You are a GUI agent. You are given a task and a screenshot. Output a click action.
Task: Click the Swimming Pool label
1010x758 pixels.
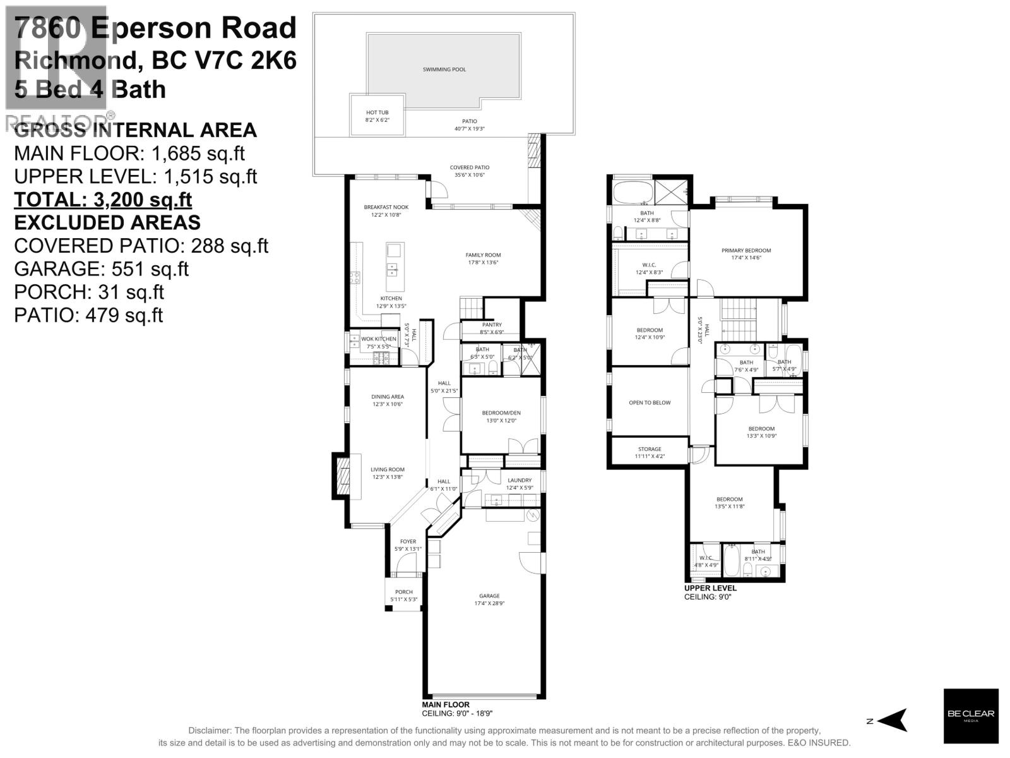click(444, 69)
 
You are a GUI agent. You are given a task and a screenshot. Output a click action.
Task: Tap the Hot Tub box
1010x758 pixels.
click(377, 115)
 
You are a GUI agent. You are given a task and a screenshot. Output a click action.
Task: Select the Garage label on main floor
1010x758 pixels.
click(489, 596)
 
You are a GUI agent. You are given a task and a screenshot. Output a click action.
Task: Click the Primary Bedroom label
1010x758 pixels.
click(746, 251)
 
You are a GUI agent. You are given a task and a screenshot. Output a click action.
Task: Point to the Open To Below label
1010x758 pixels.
click(650, 402)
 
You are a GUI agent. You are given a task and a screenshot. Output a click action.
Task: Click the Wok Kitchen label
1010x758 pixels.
click(379, 339)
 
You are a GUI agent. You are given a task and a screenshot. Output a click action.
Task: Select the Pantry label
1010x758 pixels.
click(492, 325)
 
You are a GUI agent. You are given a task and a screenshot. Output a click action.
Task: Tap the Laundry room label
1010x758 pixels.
click(520, 480)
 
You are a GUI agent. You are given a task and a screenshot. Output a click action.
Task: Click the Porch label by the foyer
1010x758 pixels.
click(404, 593)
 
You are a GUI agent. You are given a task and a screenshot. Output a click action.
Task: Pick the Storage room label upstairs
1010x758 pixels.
click(650, 449)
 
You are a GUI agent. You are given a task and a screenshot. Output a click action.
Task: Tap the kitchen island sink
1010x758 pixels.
click(393, 270)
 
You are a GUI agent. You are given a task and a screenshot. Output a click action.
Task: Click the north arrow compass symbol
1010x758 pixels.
click(893, 720)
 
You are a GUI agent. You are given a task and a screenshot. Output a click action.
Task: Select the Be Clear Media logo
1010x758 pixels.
click(970, 716)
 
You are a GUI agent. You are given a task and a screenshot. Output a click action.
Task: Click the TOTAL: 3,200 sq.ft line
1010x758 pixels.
click(103, 200)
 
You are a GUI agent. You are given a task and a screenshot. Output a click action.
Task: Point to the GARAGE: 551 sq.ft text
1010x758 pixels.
click(101, 269)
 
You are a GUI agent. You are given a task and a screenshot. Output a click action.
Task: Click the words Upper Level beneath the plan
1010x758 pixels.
click(710, 588)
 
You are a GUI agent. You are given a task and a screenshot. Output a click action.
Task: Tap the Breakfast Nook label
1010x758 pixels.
click(386, 207)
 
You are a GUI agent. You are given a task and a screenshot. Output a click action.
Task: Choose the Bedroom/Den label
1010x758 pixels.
click(501, 413)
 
